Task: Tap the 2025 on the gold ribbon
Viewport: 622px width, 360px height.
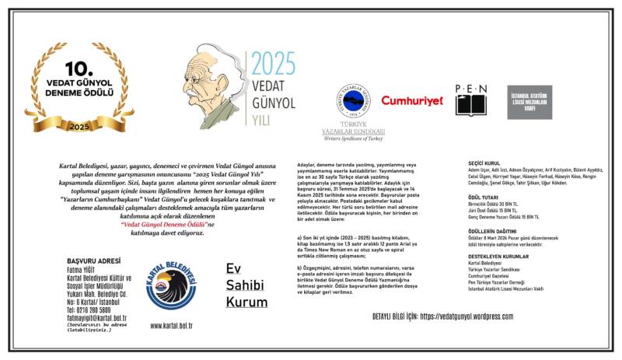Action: coord(79,126)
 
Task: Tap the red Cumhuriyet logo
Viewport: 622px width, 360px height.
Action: coord(411,101)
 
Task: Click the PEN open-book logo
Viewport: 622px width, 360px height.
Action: coord(470,100)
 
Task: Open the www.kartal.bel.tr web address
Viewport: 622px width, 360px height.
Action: coord(172,325)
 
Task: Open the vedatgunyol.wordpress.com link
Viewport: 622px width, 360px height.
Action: coord(465,316)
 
